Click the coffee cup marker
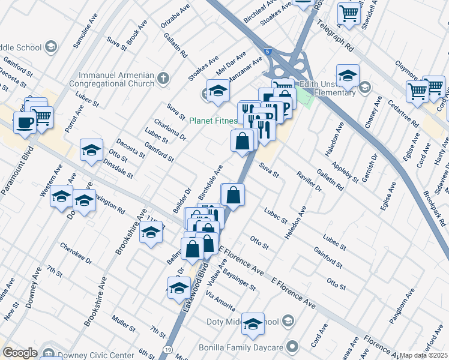tap(25, 124)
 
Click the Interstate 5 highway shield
tap(268, 52)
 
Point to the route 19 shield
tap(167, 349)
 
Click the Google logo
tap(20, 353)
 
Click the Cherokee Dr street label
tap(76, 253)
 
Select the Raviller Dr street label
tap(309, 181)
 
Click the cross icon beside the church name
tap(163, 77)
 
